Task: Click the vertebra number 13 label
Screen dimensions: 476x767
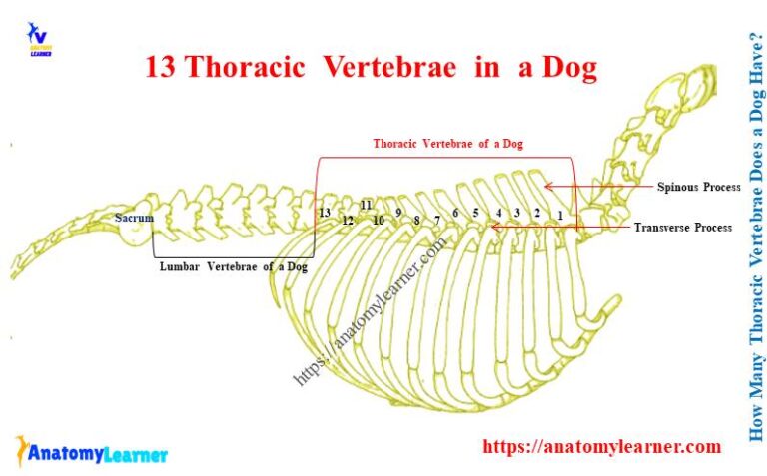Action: point(324,213)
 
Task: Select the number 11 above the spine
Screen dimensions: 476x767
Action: point(367,205)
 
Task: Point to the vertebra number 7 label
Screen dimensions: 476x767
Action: point(436,219)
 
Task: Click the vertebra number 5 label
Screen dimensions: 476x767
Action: point(476,213)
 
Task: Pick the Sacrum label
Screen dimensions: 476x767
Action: point(134,218)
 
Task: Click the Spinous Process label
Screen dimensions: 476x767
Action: point(698,187)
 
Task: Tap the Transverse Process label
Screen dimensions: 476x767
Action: point(683,228)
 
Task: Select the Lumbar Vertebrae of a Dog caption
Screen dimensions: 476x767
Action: point(234,266)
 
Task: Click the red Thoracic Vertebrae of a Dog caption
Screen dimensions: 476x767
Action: point(447,144)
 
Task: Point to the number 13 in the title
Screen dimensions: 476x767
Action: point(160,68)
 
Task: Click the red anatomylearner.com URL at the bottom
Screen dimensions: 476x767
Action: point(601,447)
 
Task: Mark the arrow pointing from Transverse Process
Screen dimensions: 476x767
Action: point(559,227)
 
